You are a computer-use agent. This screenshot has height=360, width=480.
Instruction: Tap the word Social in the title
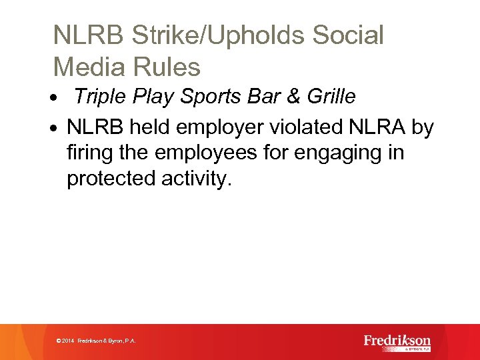click(346, 35)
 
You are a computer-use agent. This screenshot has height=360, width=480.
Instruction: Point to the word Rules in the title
click(169, 67)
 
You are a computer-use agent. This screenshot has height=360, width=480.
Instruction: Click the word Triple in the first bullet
click(99, 97)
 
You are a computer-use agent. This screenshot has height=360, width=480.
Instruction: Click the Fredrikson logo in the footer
click(397, 342)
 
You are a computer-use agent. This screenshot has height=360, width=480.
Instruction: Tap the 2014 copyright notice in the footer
click(97, 341)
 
